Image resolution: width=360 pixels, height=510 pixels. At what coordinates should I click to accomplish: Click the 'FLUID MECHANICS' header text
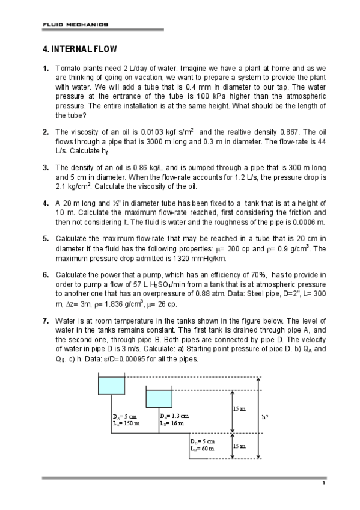coord(75,25)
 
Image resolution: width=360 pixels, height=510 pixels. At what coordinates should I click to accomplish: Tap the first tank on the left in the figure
coord(111,386)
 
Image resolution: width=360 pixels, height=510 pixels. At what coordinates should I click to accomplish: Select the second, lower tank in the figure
coord(159,398)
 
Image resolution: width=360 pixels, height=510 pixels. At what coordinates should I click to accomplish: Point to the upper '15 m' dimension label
coord(239,409)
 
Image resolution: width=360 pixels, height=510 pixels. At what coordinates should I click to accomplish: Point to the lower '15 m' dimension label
coord(239,446)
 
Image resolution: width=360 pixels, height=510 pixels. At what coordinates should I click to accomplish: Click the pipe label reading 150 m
coord(126,423)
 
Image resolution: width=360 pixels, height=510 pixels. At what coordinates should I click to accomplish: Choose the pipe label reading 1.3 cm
coord(174,416)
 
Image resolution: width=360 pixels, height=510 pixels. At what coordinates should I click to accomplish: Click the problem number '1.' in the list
coord(46,69)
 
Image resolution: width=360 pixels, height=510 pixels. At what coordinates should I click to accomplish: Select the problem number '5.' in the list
coord(46,238)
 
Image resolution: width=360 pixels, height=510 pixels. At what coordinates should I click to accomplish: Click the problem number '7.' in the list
coord(46,321)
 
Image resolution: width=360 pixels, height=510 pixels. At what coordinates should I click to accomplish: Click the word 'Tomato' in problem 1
coord(67,69)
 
